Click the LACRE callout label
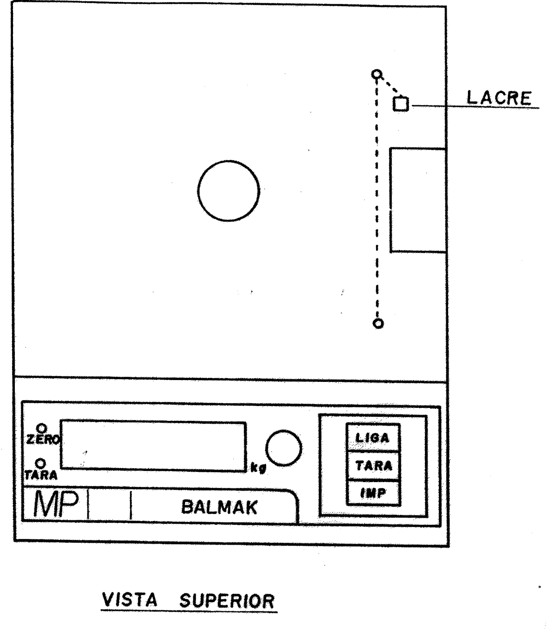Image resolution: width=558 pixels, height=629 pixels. [x=499, y=98]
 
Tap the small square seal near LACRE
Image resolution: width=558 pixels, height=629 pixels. [x=401, y=104]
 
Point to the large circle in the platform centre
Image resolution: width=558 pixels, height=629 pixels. [x=229, y=160]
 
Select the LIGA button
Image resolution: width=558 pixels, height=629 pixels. [x=373, y=438]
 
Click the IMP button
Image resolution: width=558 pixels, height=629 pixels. [x=373, y=493]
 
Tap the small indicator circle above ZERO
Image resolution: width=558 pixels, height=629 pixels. [x=42, y=428]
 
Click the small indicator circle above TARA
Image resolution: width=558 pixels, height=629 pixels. [x=41, y=464]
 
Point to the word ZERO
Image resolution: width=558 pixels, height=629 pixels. [x=43, y=439]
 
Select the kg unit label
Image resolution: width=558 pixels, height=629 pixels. [x=258, y=468]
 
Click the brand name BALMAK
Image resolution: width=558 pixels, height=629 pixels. [x=219, y=508]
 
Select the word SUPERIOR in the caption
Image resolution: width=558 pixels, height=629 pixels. [x=227, y=601]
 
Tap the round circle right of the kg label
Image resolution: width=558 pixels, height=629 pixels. [x=283, y=430]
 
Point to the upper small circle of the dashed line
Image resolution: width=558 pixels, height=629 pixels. [x=377, y=74]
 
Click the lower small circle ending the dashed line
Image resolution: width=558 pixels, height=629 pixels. [x=378, y=324]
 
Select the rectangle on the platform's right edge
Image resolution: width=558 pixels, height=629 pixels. [x=390, y=200]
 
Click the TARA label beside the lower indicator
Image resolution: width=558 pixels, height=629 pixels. [x=41, y=475]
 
